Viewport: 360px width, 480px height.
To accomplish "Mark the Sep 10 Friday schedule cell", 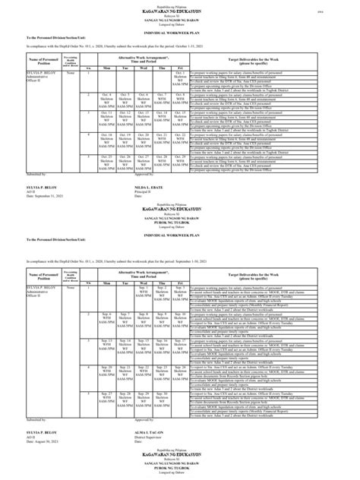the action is coord(181,314).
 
